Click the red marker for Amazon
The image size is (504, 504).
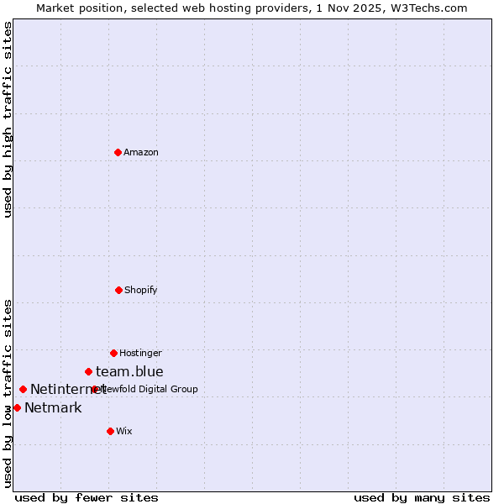pyautogui.click(x=118, y=152)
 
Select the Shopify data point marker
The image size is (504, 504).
pyautogui.click(x=118, y=290)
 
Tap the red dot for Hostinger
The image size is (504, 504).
pyautogui.click(x=113, y=353)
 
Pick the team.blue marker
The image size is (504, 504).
pyautogui.click(x=88, y=371)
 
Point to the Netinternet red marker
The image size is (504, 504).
pyautogui.click(x=23, y=389)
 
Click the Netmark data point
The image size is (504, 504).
pyautogui.click(x=17, y=407)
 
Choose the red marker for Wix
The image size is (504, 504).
pyautogui.click(x=110, y=431)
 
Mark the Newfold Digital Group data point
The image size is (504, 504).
pyautogui.click(x=94, y=389)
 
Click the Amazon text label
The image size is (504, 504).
pyautogui.click(x=141, y=152)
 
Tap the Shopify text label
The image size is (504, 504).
pyautogui.click(x=141, y=290)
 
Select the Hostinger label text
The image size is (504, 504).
pyautogui.click(x=140, y=353)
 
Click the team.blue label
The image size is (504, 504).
pyautogui.click(x=129, y=371)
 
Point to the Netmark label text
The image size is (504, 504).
pyautogui.click(x=53, y=408)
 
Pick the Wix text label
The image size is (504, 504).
pyautogui.click(x=124, y=431)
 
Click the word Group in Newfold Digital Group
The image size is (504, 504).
pyautogui.click(x=184, y=389)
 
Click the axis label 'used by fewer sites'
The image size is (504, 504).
pyautogui.click(x=87, y=497)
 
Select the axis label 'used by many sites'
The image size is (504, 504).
pyautogui.click(x=422, y=497)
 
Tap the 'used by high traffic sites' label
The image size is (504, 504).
pyautogui.click(x=8, y=119)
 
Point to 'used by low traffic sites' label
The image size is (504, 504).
pyautogui.click(x=8, y=393)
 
